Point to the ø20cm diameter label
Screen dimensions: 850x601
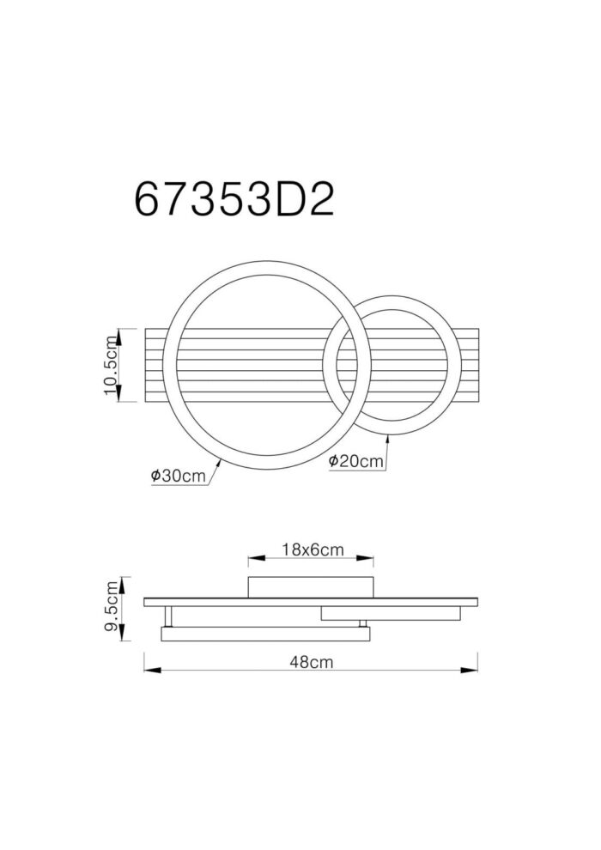point(355,461)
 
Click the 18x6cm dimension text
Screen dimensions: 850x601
point(311,549)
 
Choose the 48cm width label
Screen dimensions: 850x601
point(311,662)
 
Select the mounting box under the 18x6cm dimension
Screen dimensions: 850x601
point(311,587)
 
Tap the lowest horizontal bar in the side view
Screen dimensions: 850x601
point(266,634)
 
